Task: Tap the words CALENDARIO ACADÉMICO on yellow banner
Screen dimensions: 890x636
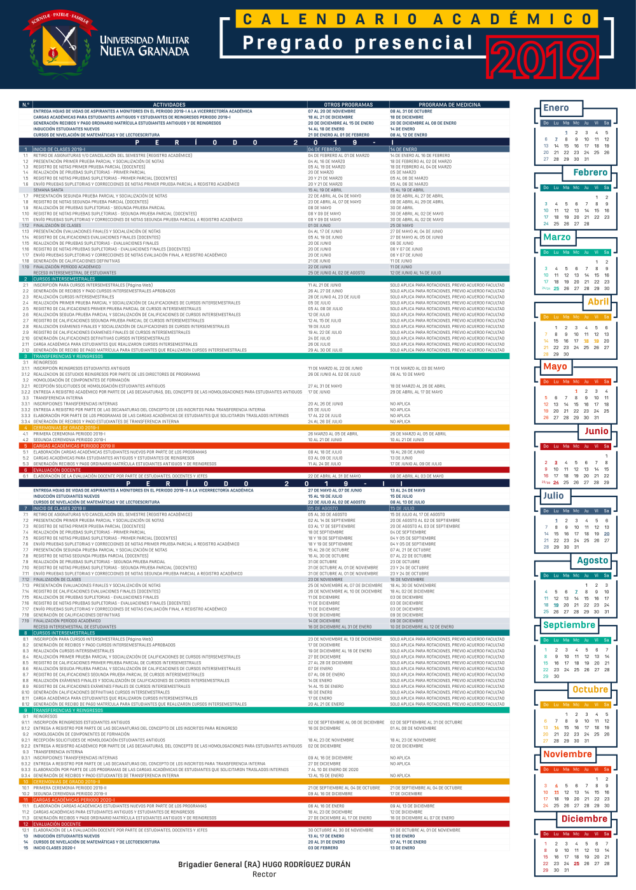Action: click(x=417, y=19)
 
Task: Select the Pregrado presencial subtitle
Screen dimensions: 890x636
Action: click(x=357, y=43)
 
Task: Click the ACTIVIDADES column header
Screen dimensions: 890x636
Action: click(x=169, y=105)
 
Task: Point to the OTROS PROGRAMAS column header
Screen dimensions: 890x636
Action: click(x=348, y=105)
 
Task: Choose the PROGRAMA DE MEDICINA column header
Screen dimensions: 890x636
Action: click(x=449, y=105)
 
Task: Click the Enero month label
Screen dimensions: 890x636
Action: click(x=556, y=108)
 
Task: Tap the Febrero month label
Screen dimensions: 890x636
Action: click(x=590, y=172)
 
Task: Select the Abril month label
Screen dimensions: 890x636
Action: click(x=598, y=302)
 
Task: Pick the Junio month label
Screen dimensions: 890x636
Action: click(x=596, y=431)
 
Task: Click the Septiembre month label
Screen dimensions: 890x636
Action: click(x=569, y=625)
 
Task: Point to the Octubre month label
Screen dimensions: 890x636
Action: click(x=590, y=690)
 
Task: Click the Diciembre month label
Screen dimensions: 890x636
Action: click(x=584, y=819)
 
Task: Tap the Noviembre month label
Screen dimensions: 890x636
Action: click(x=567, y=755)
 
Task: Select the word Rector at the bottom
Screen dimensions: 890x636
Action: click(x=264, y=875)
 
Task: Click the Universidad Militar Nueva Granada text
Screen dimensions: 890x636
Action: click(x=144, y=46)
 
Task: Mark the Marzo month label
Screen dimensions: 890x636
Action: click(x=556, y=237)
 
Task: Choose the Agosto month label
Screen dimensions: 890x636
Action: click(x=592, y=560)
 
